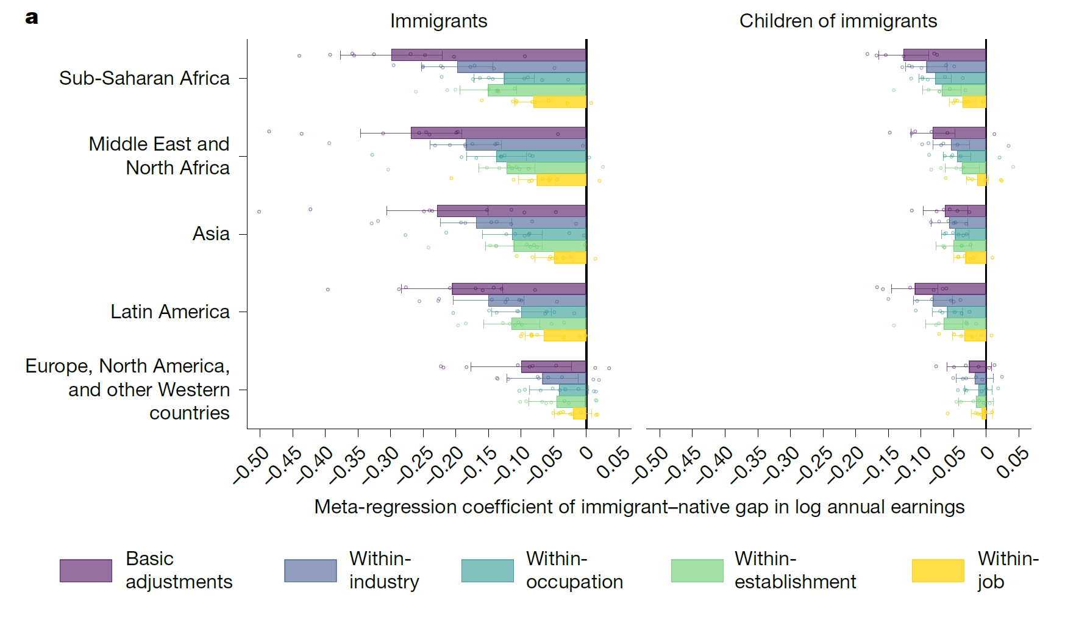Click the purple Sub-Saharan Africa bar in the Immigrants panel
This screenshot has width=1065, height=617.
click(488, 55)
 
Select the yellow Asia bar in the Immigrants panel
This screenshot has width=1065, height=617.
click(570, 258)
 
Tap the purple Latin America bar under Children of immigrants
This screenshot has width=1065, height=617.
click(950, 289)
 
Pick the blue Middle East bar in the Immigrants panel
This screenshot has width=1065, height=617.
click(525, 145)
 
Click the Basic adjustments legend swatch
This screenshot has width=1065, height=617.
click(85, 571)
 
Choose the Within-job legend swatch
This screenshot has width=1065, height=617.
click(938, 571)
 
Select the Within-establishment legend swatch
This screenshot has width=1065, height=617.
click(697, 571)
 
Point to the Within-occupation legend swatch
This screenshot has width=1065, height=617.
click(487, 571)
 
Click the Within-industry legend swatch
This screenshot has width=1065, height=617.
click(310, 571)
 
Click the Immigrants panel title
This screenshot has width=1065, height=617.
click(438, 21)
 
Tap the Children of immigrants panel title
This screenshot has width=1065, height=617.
click(838, 21)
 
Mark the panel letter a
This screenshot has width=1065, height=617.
click(32, 18)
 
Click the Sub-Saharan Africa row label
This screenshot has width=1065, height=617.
click(144, 78)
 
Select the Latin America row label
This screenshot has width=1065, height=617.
click(169, 312)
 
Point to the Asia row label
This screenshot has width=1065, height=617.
click(211, 234)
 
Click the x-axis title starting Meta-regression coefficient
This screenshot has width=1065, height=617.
click(639, 507)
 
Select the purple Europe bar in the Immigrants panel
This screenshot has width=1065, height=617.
click(553, 367)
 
